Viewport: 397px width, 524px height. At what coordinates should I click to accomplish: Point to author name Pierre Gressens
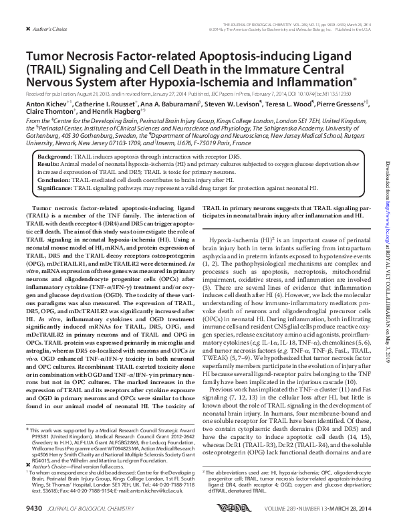pos(340,104)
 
